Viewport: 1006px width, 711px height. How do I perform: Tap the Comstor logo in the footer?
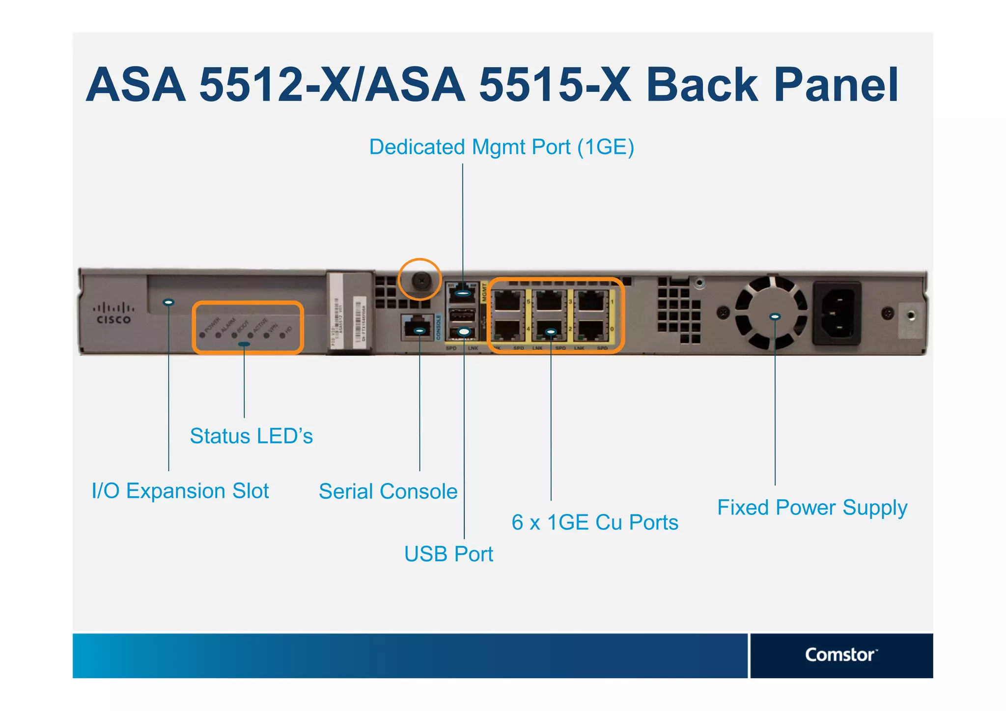pyautogui.click(x=840, y=655)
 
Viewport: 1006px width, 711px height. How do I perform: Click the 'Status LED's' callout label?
pyautogui.click(x=251, y=436)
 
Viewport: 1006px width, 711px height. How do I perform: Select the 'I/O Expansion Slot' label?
pyautogui.click(x=180, y=491)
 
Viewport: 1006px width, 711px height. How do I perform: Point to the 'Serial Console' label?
pyautogui.click(x=388, y=491)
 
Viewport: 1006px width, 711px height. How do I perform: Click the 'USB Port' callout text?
pyautogui.click(x=448, y=554)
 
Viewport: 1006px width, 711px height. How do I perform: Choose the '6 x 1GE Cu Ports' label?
pyautogui.click(x=595, y=522)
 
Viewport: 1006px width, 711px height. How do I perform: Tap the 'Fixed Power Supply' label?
pyautogui.click(x=812, y=508)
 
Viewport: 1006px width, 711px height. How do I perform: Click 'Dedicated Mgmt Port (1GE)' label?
pyautogui.click(x=502, y=147)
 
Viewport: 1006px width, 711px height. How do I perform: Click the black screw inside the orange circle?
pyautogui.click(x=421, y=281)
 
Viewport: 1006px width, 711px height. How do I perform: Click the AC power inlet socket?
pyautogui.click(x=837, y=313)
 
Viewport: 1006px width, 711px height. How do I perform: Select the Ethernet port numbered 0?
pyautogui.click(x=592, y=330)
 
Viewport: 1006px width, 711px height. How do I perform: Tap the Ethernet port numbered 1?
pyautogui.click(x=592, y=300)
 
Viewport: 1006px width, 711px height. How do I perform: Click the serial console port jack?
pyautogui.click(x=418, y=328)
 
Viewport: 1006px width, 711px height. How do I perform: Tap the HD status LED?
pyautogui.click(x=282, y=336)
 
